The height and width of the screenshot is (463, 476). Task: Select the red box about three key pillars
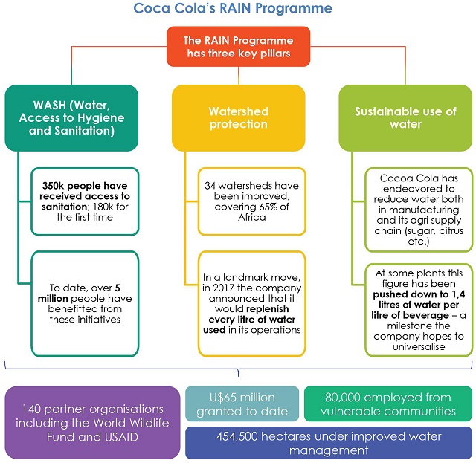coord(238,48)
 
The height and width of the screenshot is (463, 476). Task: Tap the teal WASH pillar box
coord(72,117)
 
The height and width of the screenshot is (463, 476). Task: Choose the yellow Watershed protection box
coord(238,117)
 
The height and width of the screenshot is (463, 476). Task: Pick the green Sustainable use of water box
coord(405,117)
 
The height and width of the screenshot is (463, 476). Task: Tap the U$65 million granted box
coord(242,404)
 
